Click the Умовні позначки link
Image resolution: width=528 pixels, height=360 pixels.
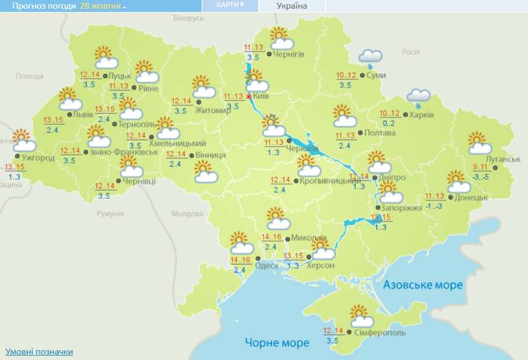tap(39, 351)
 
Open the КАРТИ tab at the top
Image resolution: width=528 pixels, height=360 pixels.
tap(230, 5)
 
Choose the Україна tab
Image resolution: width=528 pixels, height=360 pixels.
tap(292, 5)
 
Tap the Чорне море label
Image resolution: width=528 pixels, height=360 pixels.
tap(277, 342)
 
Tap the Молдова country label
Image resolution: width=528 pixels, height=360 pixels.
tap(187, 214)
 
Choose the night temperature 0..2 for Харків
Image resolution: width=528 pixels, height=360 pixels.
tap(388, 124)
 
